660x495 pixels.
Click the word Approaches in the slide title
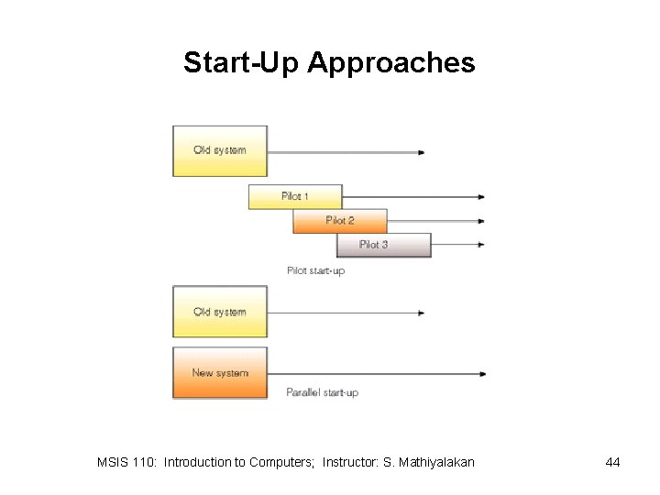pyautogui.click(x=391, y=63)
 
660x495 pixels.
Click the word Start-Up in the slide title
pyautogui.click(x=242, y=63)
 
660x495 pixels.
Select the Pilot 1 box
pyautogui.click(x=294, y=196)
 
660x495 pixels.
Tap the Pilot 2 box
pyautogui.click(x=339, y=221)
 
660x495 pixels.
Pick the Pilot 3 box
pyautogui.click(x=383, y=245)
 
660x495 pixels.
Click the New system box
pyautogui.click(x=220, y=372)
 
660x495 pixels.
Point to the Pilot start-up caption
pyautogui.click(x=315, y=270)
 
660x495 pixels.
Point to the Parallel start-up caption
pyautogui.click(x=322, y=392)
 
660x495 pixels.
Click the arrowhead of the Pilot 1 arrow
pyautogui.click(x=481, y=196)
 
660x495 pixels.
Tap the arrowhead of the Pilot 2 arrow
pyautogui.click(x=481, y=221)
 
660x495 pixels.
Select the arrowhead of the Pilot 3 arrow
pyautogui.click(x=481, y=245)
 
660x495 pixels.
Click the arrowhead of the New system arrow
pyautogui.click(x=481, y=373)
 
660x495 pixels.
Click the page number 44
pyautogui.click(x=613, y=462)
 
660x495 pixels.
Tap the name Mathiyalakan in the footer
pyautogui.click(x=435, y=462)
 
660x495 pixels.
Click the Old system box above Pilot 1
pyautogui.click(x=220, y=150)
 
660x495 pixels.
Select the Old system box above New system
pyautogui.click(x=220, y=312)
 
